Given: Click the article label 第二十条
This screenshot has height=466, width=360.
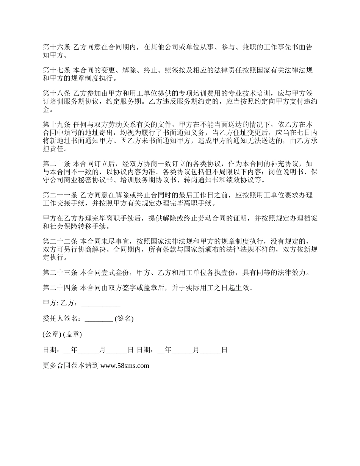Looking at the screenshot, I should point(56,164).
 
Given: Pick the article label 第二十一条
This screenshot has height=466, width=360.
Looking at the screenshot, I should point(60,195).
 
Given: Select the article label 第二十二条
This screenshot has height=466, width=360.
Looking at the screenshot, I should point(60,242).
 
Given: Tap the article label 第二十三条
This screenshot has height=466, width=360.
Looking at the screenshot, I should point(60,273).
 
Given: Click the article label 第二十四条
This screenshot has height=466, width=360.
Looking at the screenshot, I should point(60,288).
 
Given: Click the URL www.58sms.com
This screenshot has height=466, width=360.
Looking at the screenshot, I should point(125,366).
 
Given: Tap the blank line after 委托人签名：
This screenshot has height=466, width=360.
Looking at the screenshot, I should point(99,319).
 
